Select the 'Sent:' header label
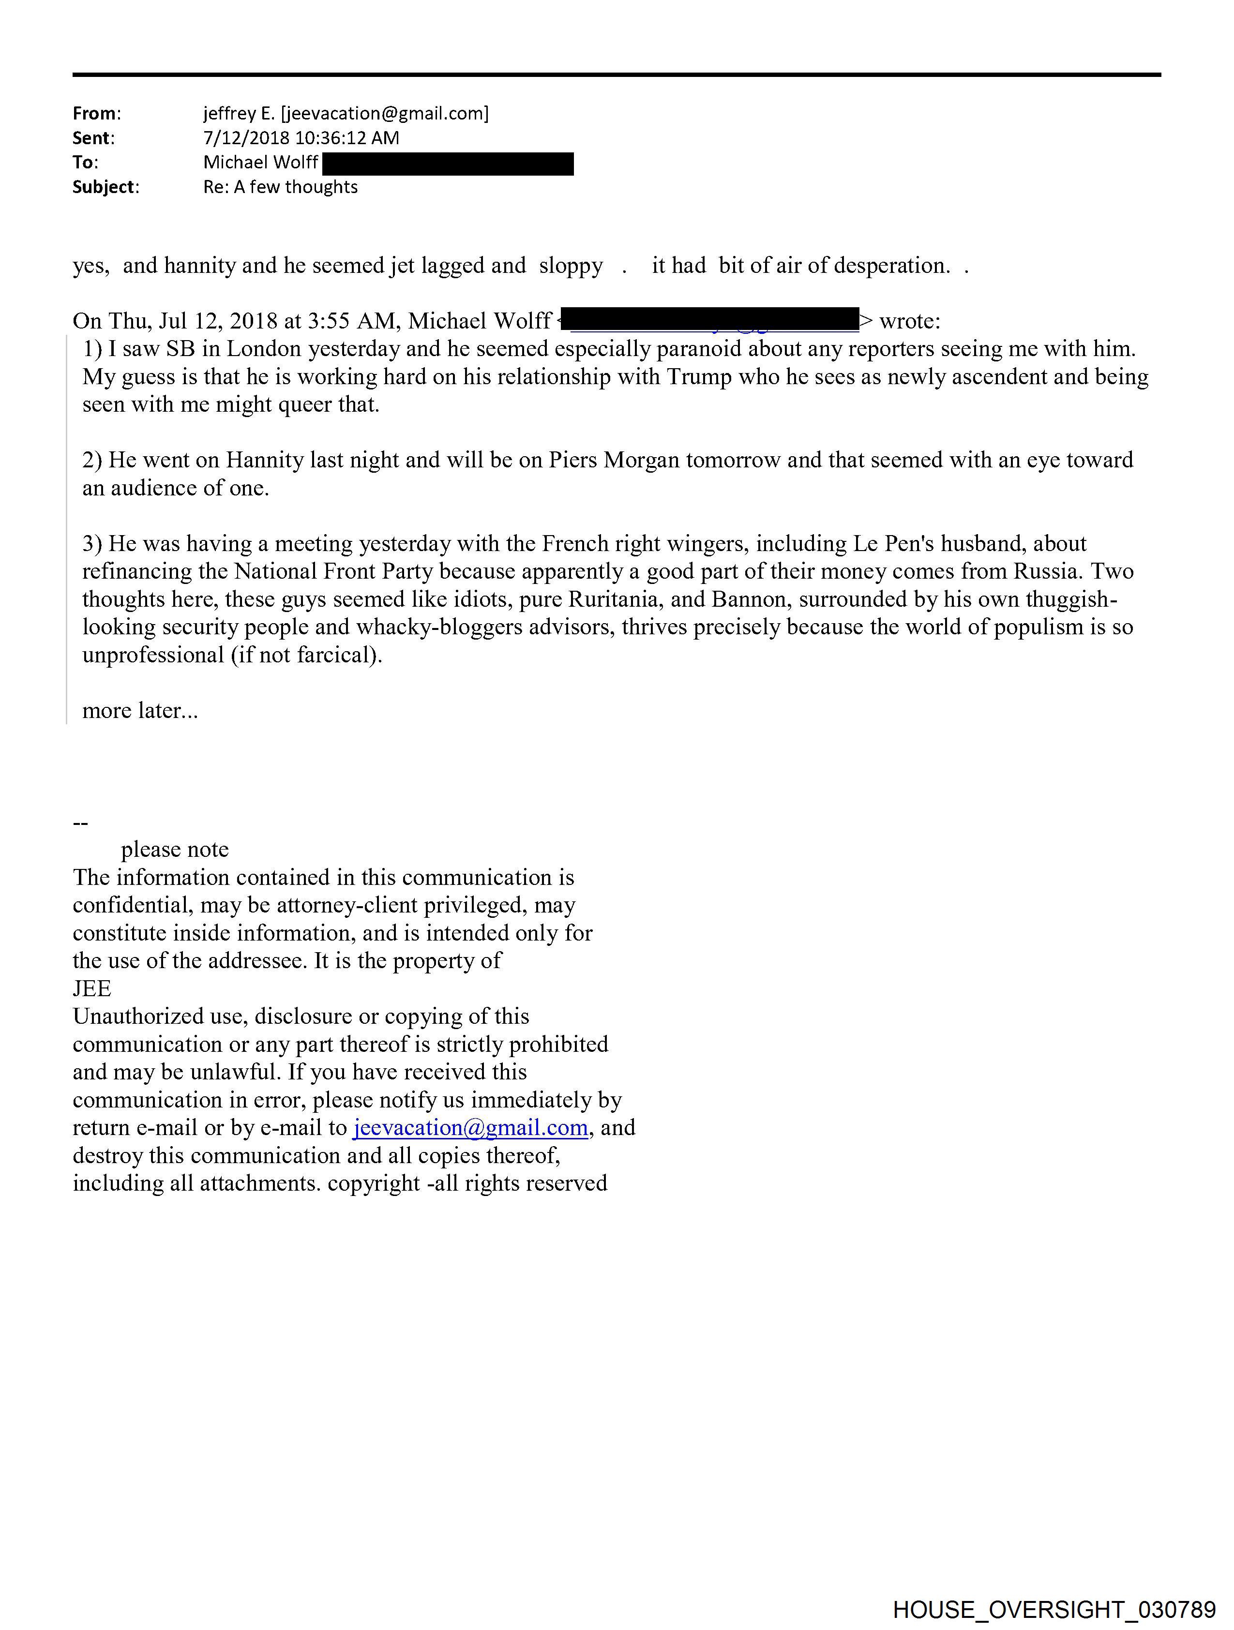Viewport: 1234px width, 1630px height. (x=93, y=138)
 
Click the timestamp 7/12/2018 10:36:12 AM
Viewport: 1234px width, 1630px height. (x=301, y=138)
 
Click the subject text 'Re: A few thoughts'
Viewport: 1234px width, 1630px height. (x=280, y=187)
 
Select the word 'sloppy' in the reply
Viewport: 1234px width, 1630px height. (x=571, y=266)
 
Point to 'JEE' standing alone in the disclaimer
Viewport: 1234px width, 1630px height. (x=91, y=989)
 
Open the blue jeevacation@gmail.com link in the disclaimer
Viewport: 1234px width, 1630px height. (x=470, y=1128)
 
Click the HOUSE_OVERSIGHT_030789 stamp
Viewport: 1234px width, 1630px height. (x=1053, y=1609)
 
